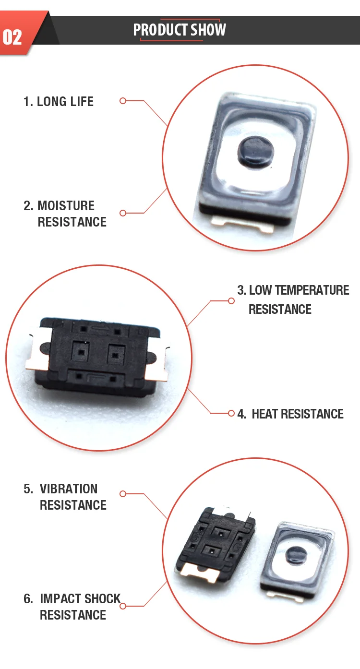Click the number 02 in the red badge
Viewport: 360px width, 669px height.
point(12,36)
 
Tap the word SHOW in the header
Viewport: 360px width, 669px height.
point(208,30)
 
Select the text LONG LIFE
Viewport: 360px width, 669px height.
point(65,102)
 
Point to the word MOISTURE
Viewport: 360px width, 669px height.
point(66,206)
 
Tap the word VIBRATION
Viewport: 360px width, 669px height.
point(69,489)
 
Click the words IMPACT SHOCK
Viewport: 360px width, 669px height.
point(81,599)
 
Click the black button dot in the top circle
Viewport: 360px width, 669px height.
point(254,153)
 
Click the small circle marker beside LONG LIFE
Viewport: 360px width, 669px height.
point(123,101)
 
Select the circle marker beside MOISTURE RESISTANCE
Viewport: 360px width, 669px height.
point(123,213)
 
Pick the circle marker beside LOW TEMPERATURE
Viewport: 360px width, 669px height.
point(231,301)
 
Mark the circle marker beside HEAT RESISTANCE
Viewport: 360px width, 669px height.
point(231,413)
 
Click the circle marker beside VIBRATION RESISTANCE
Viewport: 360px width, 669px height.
point(123,494)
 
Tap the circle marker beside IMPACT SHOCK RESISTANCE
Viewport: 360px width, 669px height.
point(123,606)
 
